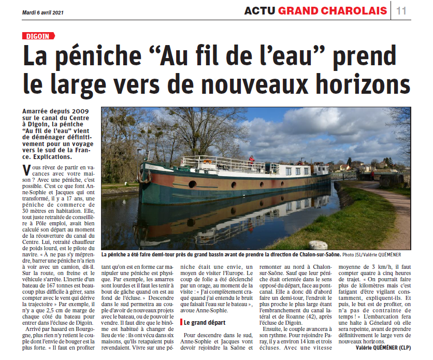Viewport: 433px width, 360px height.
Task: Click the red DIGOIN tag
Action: coord(37,36)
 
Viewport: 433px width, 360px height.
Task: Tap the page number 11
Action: coord(401,11)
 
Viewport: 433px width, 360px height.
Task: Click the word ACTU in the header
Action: coord(259,11)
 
